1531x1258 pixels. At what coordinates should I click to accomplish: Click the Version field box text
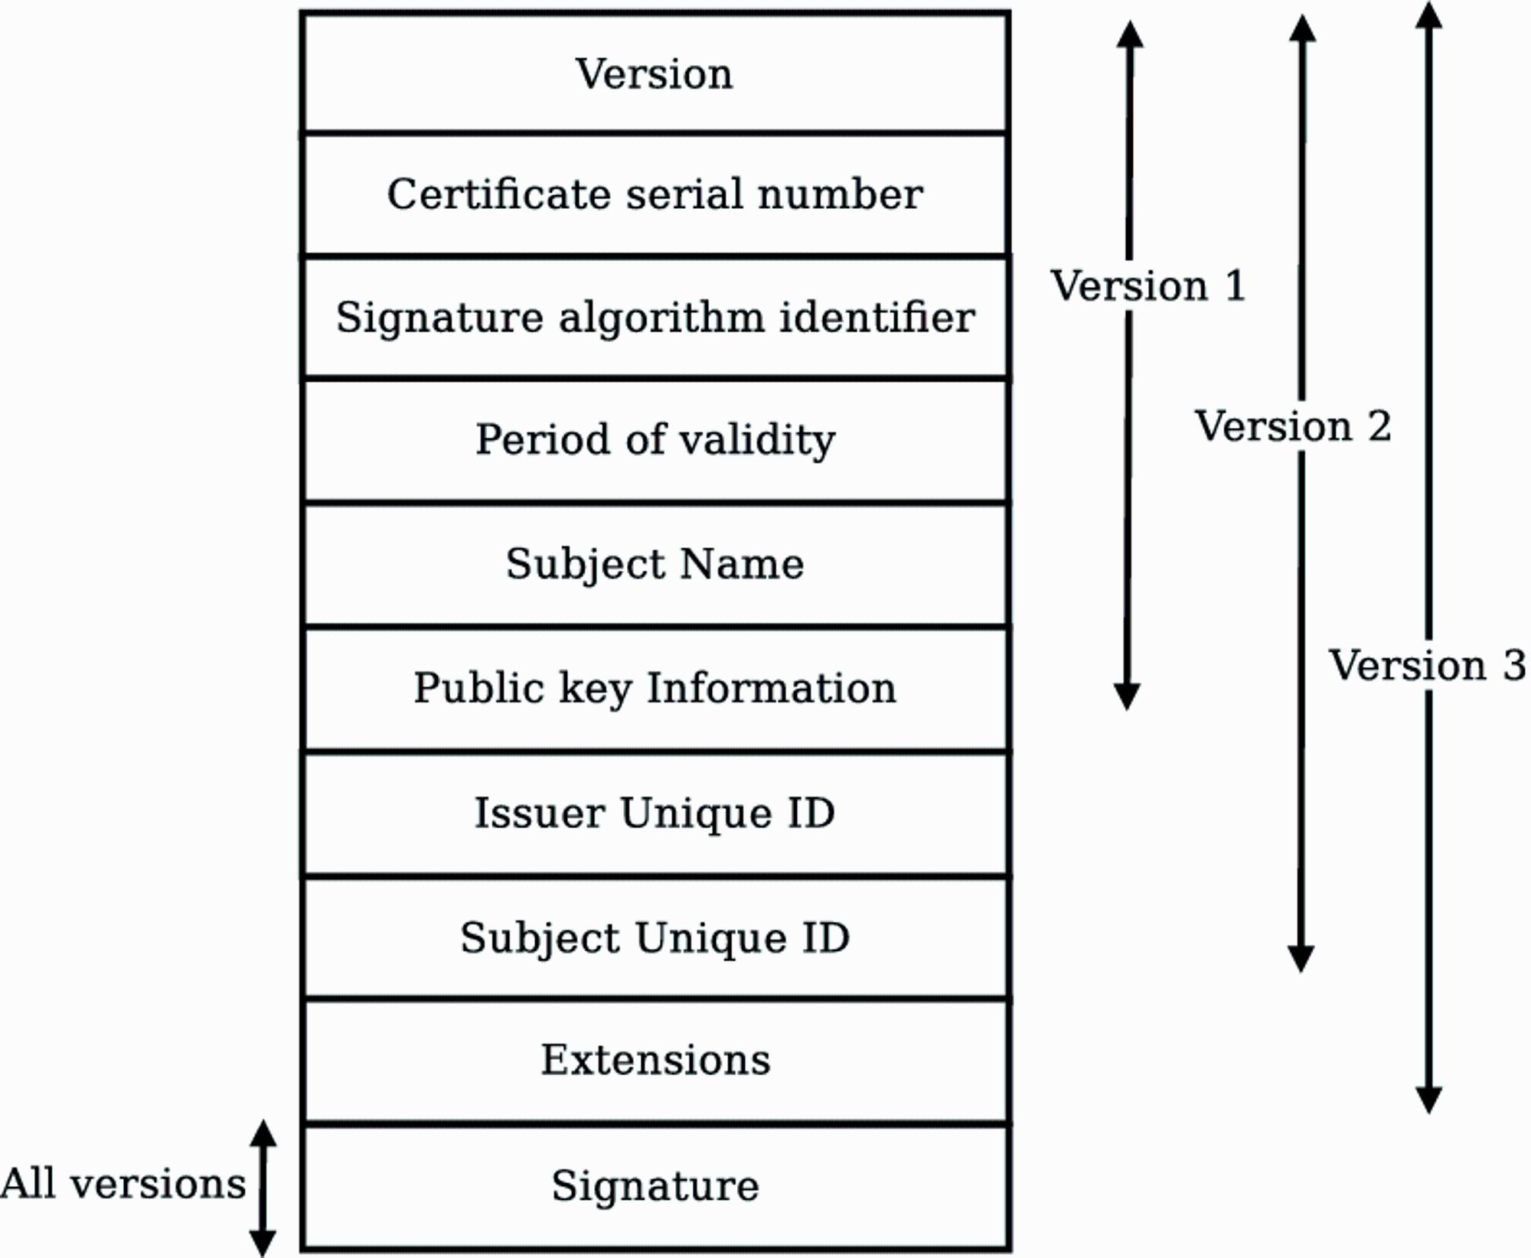click(655, 74)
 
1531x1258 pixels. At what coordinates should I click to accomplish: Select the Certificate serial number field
click(655, 194)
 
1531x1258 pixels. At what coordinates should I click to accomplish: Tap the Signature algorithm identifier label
click(655, 318)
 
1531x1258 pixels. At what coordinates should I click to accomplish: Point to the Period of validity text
click(655, 440)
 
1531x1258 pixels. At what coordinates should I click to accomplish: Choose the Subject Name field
click(655, 565)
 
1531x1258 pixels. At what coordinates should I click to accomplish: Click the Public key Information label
click(655, 688)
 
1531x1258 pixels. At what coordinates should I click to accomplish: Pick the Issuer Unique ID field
click(655, 813)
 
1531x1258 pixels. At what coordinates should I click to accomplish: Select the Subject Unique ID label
click(655, 938)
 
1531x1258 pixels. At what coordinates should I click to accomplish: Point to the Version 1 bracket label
click(1148, 286)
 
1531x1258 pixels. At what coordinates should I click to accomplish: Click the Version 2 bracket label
click(1293, 426)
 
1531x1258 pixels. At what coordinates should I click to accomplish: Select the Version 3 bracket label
click(1428, 665)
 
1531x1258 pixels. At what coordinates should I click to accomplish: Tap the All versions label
click(123, 1184)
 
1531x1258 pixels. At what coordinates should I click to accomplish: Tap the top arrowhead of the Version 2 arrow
click(1302, 27)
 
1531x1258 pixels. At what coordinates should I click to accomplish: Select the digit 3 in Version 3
click(1514, 665)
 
